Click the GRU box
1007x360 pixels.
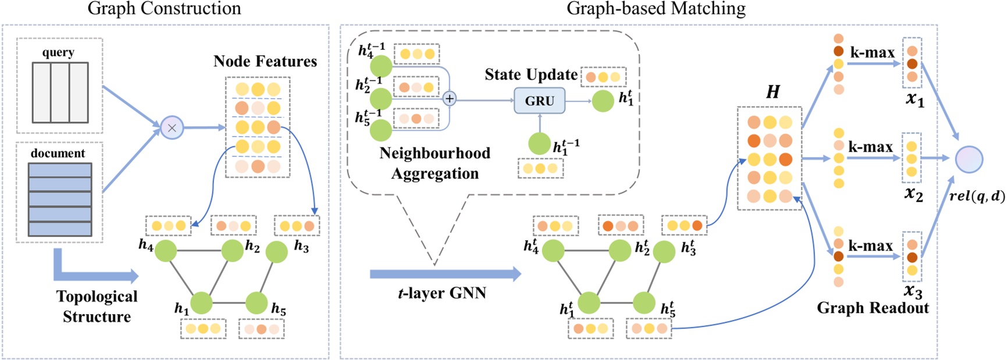(539, 101)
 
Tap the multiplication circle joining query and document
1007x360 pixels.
(172, 128)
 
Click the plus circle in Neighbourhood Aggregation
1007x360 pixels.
(449, 98)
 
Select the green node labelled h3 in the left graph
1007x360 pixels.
(276, 252)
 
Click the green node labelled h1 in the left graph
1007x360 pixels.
(201, 303)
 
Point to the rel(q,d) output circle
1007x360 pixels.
(969, 159)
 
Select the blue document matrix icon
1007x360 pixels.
(60, 199)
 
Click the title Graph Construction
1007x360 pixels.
(164, 9)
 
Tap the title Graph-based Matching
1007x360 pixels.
(656, 9)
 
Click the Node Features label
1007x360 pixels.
(265, 61)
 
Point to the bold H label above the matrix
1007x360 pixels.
(773, 92)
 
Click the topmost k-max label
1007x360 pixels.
(872, 52)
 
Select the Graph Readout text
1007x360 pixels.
(873, 308)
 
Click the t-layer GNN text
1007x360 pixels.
(442, 293)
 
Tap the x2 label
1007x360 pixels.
(913, 194)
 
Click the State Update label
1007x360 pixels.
(531, 74)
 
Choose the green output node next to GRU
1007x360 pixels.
(603, 101)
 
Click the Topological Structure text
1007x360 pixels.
(97, 306)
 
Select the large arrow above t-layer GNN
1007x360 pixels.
(445, 274)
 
